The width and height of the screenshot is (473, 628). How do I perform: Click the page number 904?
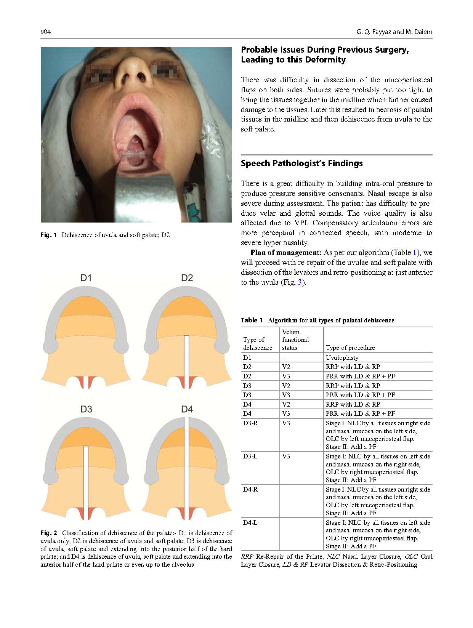tap(45, 32)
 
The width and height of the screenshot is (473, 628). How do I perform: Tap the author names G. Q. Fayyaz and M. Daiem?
tap(394, 32)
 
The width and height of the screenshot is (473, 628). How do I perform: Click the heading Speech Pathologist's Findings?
tap(301, 163)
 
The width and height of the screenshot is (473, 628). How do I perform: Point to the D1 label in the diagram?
tap(86, 278)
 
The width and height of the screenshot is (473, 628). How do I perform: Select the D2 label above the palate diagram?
tap(187, 278)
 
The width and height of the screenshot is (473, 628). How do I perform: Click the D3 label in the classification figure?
tap(86, 409)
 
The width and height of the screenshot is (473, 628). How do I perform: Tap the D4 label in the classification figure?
tap(187, 409)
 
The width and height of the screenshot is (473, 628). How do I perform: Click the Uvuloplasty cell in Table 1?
tap(342, 357)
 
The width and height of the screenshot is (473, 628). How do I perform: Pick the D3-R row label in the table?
tap(250, 423)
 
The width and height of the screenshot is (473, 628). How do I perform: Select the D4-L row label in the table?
tap(250, 522)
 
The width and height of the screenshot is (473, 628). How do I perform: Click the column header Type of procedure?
tap(350, 348)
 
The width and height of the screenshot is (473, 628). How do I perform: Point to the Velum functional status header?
tap(295, 340)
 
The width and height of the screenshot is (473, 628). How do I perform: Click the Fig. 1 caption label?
tap(48, 235)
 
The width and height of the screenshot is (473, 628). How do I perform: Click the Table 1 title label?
tap(252, 320)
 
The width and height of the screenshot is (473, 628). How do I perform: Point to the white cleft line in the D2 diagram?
tap(187, 360)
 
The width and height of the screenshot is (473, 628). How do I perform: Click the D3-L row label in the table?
tap(250, 456)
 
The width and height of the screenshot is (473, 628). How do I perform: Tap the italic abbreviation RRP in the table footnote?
tap(247, 556)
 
